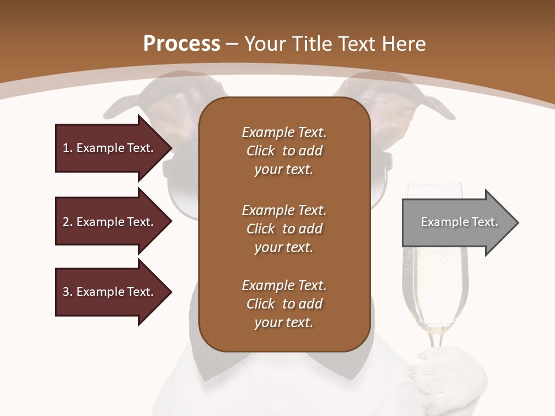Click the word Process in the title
tap(182, 44)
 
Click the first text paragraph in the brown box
tap(284, 151)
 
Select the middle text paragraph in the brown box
tap(284, 229)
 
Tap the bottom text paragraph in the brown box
tap(284, 304)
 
